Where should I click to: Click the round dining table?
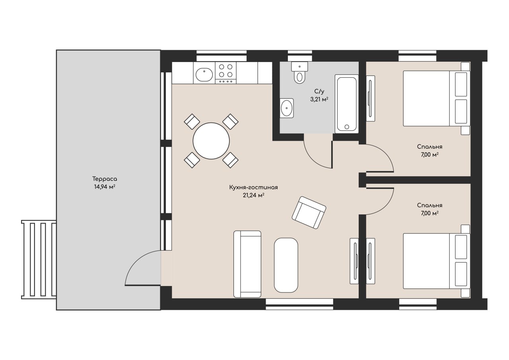(x=211, y=141)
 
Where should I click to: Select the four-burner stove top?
(x=225, y=73)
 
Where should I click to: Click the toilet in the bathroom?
(x=299, y=72)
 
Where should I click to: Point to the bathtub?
(x=346, y=104)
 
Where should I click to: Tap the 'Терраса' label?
(x=105, y=179)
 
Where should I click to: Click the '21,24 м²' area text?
(x=253, y=195)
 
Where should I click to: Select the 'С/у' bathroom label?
(x=319, y=91)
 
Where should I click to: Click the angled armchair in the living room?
(x=309, y=212)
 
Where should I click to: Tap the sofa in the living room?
(x=247, y=264)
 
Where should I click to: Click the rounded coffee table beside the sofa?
(x=286, y=265)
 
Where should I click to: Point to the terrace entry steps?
(x=39, y=259)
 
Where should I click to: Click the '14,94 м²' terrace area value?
(x=105, y=187)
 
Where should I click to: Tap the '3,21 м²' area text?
(x=319, y=99)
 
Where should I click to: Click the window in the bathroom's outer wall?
(x=300, y=56)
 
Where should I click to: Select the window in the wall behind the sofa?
(x=299, y=304)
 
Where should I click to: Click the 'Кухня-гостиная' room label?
(x=253, y=187)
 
